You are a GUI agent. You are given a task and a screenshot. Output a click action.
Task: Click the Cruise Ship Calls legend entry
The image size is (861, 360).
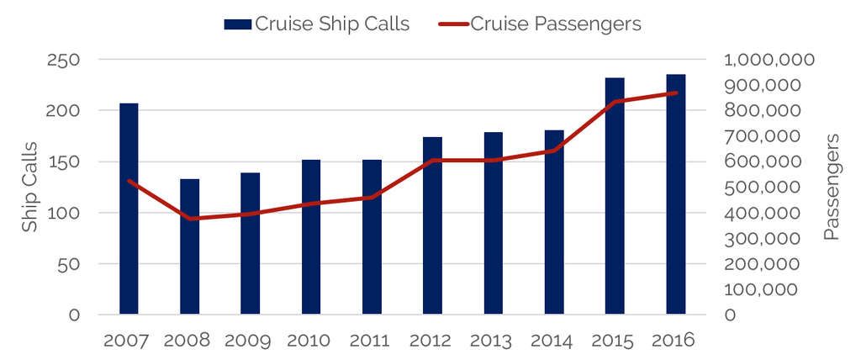316,24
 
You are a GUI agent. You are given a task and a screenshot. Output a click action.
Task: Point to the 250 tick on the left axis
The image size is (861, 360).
63,60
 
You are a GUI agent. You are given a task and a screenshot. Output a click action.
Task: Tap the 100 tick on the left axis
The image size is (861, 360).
63,213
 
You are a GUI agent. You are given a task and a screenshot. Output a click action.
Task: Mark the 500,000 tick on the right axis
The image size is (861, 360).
769,188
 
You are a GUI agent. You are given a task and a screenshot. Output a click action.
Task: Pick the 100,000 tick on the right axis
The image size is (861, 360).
769,289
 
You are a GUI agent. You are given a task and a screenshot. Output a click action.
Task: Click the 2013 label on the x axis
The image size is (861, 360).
493,341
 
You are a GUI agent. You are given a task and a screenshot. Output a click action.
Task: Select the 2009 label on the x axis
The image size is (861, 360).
250,341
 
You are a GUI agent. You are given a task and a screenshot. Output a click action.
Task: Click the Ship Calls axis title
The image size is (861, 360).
30,188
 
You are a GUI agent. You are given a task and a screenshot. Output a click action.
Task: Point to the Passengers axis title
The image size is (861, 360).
832,188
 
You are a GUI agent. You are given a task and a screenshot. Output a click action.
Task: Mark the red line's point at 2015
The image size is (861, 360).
616,102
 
